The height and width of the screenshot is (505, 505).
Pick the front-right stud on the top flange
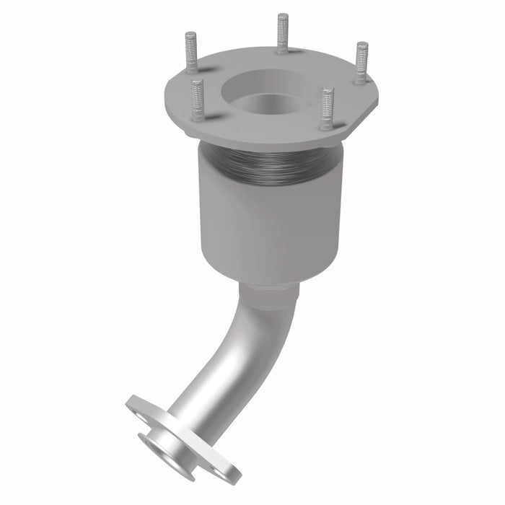tap(328, 107)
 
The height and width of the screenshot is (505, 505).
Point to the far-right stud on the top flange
tap(361, 62)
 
